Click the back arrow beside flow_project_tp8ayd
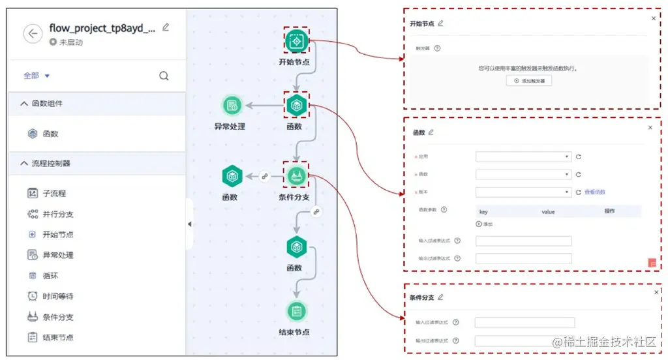click(x=33, y=34)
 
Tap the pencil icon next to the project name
click(x=166, y=27)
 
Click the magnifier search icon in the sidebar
click(x=164, y=76)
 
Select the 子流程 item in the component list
click(x=53, y=193)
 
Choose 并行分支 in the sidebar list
click(x=57, y=214)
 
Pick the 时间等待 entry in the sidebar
click(x=57, y=296)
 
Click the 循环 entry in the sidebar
click(x=50, y=275)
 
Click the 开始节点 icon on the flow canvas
click(x=297, y=40)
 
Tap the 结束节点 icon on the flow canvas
click(x=296, y=311)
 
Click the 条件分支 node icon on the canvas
click(x=297, y=175)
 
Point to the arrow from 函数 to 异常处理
click(x=264, y=105)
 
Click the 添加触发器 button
click(x=529, y=81)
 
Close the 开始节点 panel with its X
click(x=654, y=18)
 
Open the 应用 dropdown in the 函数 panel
click(x=523, y=157)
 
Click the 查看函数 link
click(x=595, y=192)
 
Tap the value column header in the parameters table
click(x=547, y=211)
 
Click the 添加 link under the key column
click(x=484, y=224)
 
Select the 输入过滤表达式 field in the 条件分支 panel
click(x=524, y=322)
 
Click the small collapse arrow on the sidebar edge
click(x=189, y=224)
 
